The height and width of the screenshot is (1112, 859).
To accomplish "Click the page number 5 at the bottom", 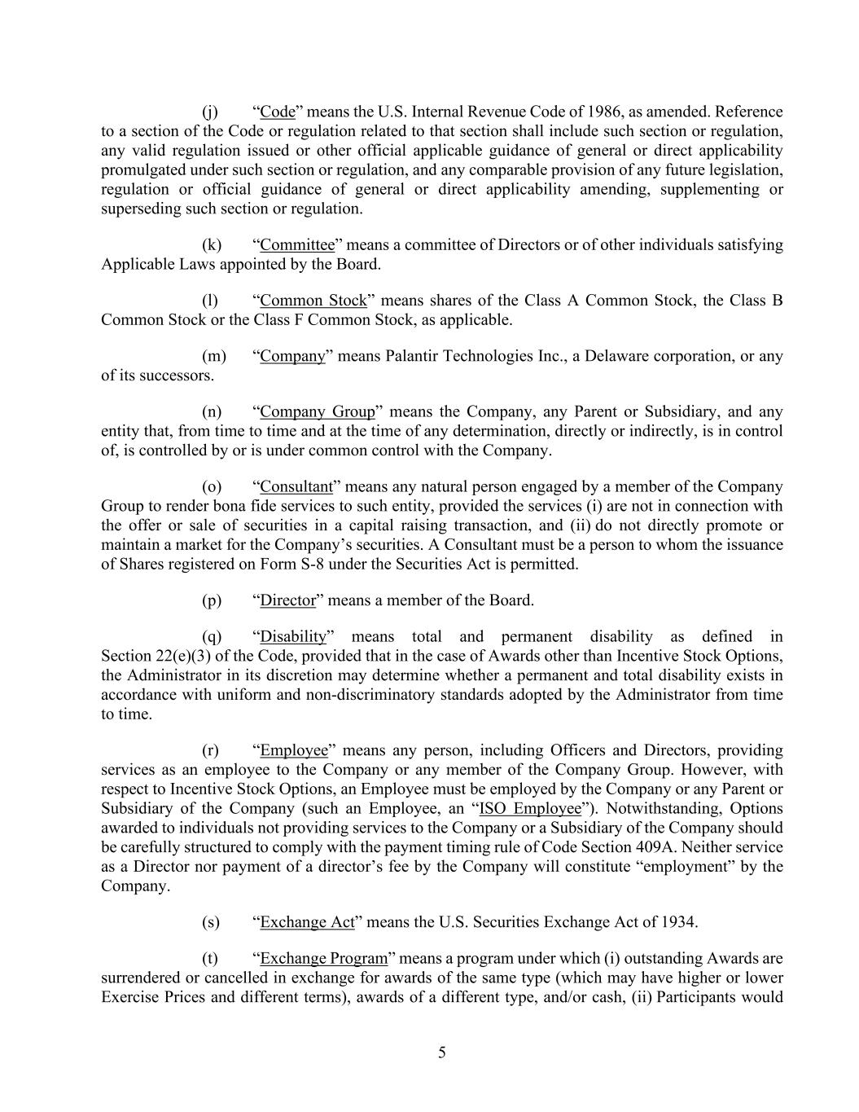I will click(442, 1053).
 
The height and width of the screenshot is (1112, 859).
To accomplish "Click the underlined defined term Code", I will click(277, 112).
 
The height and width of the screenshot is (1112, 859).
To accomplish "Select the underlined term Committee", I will click(297, 245).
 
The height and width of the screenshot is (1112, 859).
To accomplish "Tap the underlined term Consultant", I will click(296, 487).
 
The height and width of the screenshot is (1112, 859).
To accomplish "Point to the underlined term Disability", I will click(292, 637).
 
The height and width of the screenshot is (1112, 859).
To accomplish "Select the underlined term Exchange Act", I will click(307, 923).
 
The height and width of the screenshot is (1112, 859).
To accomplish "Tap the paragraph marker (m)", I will click(213, 357).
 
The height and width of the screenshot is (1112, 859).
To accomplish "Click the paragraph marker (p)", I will click(212, 601).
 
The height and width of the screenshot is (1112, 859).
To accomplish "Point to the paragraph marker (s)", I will click(211, 923).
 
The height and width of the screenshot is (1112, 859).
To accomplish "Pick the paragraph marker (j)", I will click(209, 112).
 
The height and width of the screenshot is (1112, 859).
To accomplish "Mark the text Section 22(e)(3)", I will click(151, 657).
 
